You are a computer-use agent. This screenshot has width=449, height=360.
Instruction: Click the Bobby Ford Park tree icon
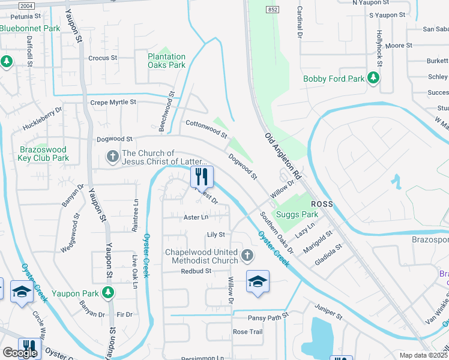pyautogui.click(x=373, y=78)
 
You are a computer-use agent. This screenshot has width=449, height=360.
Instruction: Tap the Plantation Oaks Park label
pyautogui.click(x=167, y=61)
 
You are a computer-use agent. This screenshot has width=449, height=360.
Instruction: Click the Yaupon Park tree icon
pyautogui.click(x=107, y=293)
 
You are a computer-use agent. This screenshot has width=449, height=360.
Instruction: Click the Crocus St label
pyautogui.click(x=103, y=58)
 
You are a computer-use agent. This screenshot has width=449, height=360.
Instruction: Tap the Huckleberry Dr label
pyautogui.click(x=43, y=119)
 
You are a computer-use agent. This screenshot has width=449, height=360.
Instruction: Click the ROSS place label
pyautogui.click(x=321, y=205)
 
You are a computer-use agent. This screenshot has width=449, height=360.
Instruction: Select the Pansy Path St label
pyautogui.click(x=269, y=315)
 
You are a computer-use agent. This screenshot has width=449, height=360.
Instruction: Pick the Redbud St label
pyautogui.click(x=196, y=271)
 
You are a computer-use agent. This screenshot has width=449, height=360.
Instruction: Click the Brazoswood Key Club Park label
pyautogui.click(x=44, y=154)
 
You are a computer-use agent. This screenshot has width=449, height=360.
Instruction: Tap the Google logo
pyautogui.click(x=20, y=353)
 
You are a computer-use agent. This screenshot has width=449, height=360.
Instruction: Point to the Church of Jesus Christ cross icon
pyautogui.click(x=112, y=157)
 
